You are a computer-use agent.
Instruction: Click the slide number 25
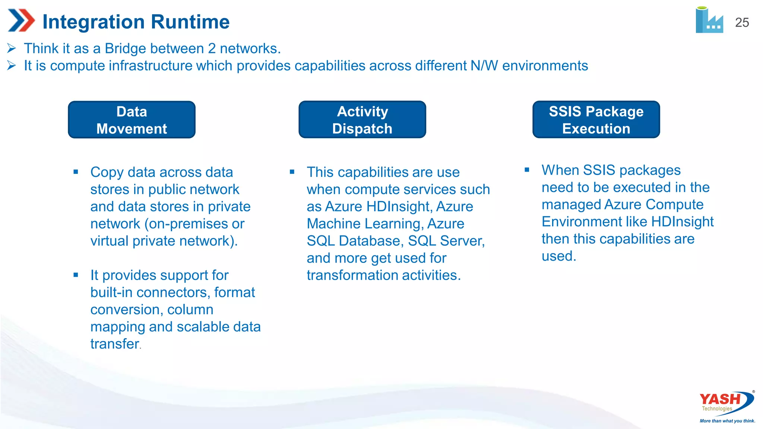(x=742, y=23)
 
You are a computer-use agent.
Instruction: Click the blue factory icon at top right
(x=709, y=20)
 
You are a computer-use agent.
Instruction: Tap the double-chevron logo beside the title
(x=21, y=20)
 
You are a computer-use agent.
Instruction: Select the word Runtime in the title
(x=190, y=22)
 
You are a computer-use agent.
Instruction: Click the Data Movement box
(x=132, y=120)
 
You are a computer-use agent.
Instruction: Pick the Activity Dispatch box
(x=362, y=120)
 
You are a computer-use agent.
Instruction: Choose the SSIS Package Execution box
(x=596, y=120)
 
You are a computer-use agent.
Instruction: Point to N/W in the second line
(x=484, y=66)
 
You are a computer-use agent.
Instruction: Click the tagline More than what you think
(x=727, y=421)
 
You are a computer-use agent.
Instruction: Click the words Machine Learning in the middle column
(x=364, y=224)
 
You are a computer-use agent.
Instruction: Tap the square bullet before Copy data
(x=76, y=172)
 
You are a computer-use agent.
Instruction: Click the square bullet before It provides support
(x=76, y=275)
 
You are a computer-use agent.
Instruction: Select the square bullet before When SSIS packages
(x=527, y=170)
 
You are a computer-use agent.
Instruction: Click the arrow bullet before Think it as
(x=12, y=48)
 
